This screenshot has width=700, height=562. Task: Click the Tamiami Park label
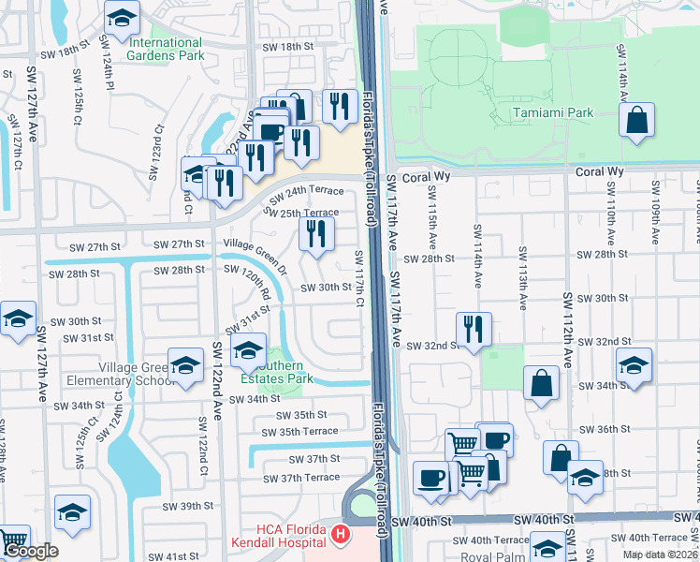point(552,113)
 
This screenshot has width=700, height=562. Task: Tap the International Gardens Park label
point(166,49)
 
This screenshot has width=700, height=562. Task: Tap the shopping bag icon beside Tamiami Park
point(637,121)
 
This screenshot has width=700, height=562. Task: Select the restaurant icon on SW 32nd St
point(473,329)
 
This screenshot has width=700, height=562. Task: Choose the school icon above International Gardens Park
point(120,20)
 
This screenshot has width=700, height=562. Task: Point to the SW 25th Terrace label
point(302,214)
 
